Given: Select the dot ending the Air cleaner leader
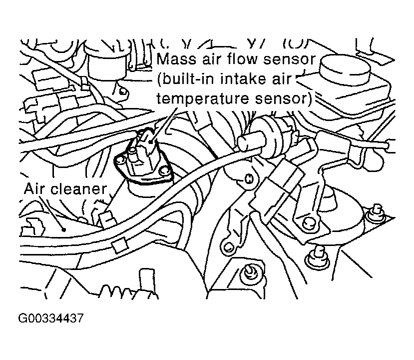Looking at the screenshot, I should (65, 231).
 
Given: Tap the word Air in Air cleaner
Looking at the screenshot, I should (36, 188).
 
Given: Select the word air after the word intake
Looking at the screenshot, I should (283, 79).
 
